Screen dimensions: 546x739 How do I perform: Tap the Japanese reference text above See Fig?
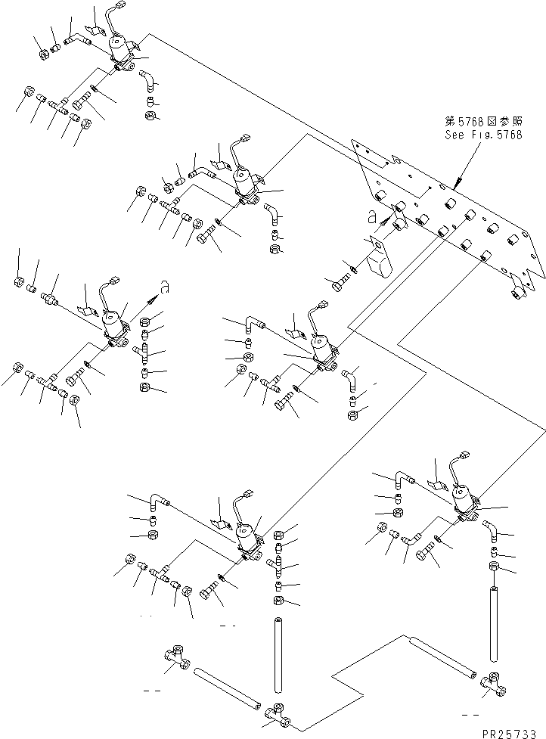pos(484,121)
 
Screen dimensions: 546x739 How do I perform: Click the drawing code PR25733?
pos(509,733)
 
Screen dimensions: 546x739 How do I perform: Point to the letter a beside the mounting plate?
pos(373,216)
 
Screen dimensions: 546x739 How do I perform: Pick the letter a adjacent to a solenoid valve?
pos(164,286)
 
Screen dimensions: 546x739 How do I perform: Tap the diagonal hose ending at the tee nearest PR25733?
pos(444,657)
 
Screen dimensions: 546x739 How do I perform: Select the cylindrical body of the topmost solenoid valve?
pos(119,47)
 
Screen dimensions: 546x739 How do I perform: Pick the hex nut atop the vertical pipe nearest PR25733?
pos(493,566)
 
